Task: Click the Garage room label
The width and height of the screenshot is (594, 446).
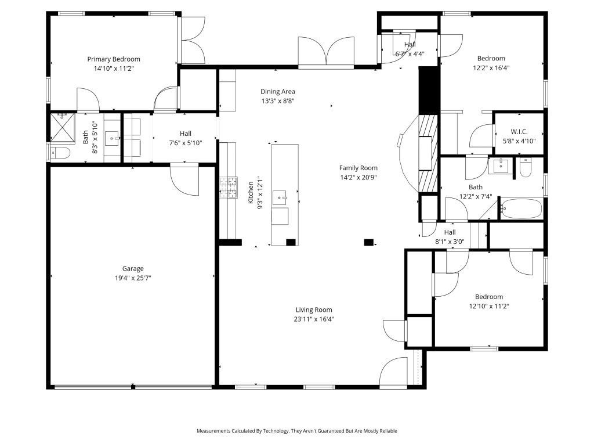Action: point(132,268)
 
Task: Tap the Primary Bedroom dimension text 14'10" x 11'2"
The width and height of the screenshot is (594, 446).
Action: point(114,69)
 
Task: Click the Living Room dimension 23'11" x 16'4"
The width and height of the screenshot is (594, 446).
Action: point(314,319)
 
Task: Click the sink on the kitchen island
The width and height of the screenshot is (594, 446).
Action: point(282,198)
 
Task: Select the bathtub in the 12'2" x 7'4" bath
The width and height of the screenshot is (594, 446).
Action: point(521,208)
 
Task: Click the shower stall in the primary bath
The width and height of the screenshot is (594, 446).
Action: point(63,127)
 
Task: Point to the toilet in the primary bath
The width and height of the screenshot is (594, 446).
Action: point(60,153)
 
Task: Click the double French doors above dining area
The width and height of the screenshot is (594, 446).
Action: point(326,52)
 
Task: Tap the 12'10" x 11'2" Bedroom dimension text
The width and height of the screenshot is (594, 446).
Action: point(489,306)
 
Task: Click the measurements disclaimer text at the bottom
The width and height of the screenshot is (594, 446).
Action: point(297,431)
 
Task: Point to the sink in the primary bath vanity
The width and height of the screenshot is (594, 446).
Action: point(113,139)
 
